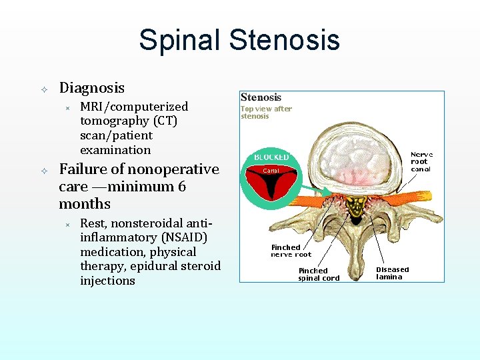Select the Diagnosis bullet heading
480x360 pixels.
[x=91, y=88]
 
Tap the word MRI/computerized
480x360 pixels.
[x=133, y=107]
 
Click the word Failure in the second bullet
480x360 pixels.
[x=83, y=169]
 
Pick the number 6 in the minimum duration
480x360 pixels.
[x=181, y=187]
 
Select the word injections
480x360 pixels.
[x=107, y=281]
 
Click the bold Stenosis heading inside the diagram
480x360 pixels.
[x=261, y=97]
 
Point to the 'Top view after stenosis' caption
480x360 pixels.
[x=266, y=112]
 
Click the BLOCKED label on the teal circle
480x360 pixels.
[x=271, y=157]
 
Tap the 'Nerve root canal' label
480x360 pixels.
[x=421, y=161]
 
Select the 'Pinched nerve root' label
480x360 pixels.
[x=291, y=251]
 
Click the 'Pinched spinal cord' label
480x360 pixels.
[x=319, y=274]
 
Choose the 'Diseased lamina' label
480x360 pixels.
[x=393, y=273]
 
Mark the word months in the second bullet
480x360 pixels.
[x=85, y=204]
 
